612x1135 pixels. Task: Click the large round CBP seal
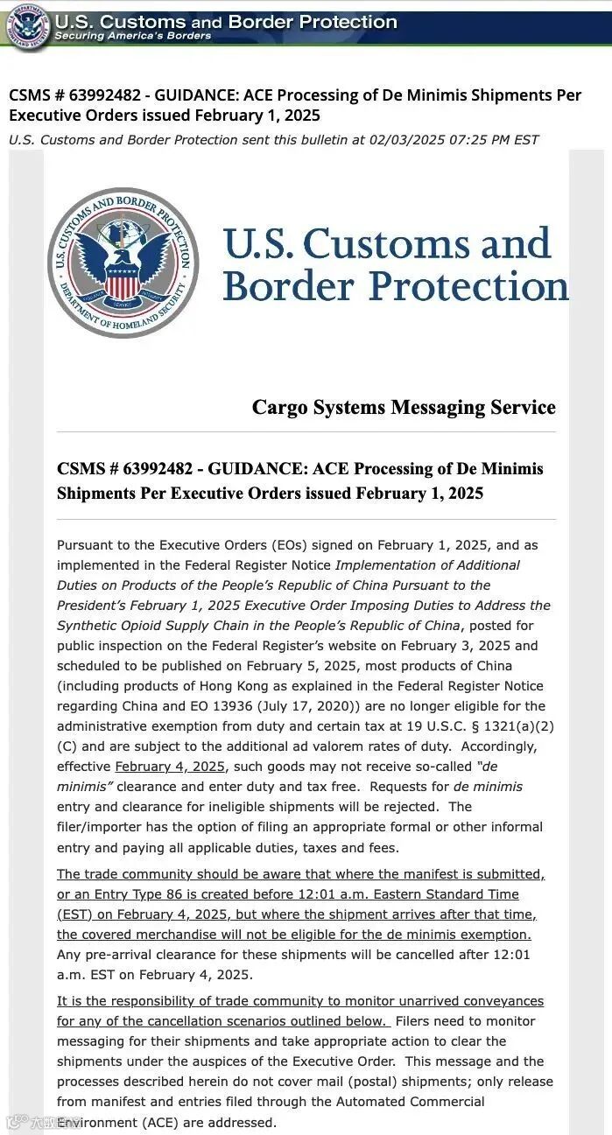coord(123,263)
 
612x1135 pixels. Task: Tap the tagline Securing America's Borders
coord(132,36)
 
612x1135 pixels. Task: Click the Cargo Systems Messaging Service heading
coord(404,407)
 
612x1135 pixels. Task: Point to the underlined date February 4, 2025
coord(170,767)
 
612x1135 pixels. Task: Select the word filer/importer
coord(100,827)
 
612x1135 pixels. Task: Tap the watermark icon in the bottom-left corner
coord(13,1121)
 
